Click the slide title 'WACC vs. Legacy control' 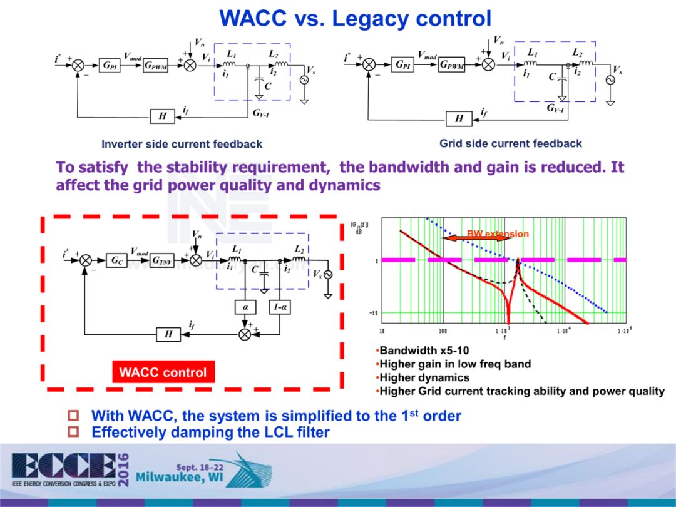[x=355, y=18]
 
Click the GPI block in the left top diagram [x=110, y=65]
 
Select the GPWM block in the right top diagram [x=452, y=64]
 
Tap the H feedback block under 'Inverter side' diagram [x=162, y=116]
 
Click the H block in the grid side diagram [x=459, y=118]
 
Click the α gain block [x=245, y=307]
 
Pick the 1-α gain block [x=279, y=307]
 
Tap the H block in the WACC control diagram [x=168, y=335]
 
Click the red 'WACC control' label [x=163, y=372]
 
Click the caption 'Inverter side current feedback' [x=182, y=144]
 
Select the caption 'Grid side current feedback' [x=510, y=143]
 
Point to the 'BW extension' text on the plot [x=498, y=234]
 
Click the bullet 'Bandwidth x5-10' [x=424, y=351]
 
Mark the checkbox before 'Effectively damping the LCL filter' [x=73, y=432]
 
